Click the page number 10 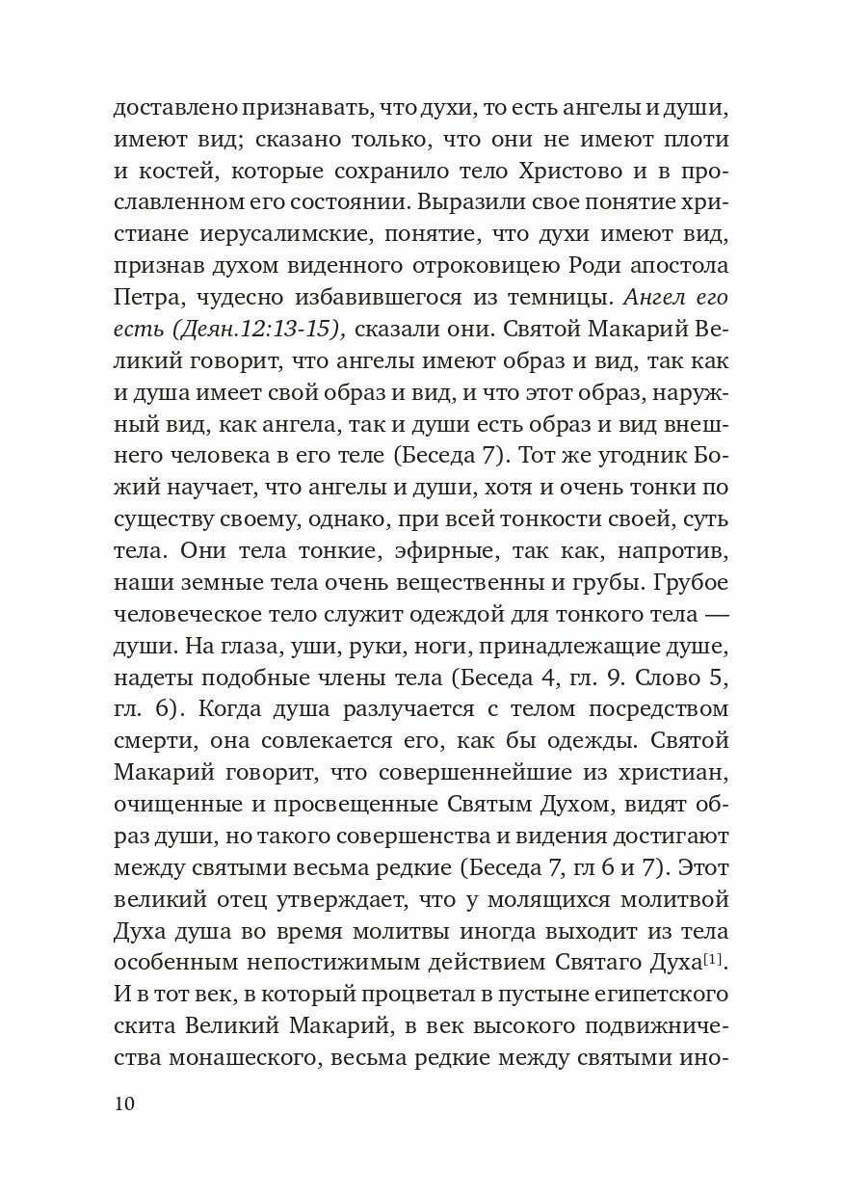tap(125, 1104)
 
